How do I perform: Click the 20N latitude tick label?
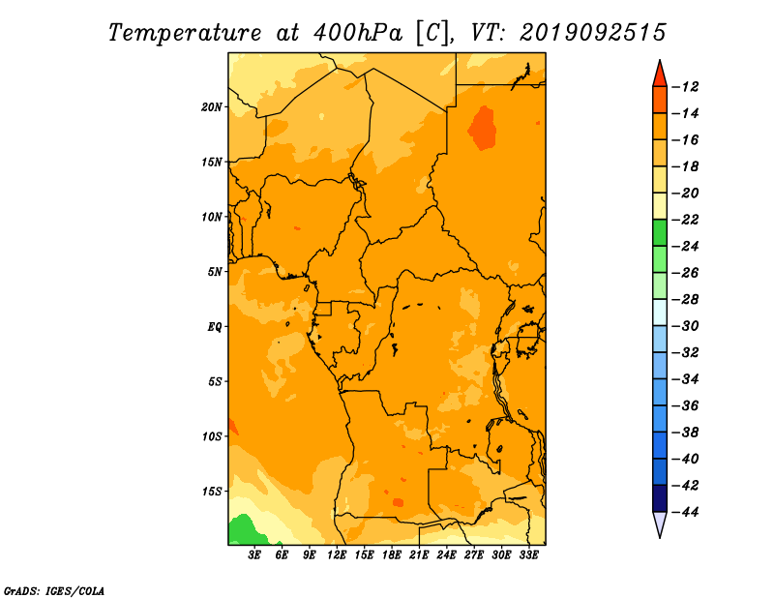pyautogui.click(x=211, y=107)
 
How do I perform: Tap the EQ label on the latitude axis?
pyautogui.click(x=214, y=327)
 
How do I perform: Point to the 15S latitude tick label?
pyautogui.click(x=211, y=492)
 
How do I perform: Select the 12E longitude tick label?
pyautogui.click(x=337, y=555)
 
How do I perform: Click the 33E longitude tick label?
pyautogui.click(x=528, y=555)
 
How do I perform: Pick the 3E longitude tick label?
pyautogui.click(x=254, y=555)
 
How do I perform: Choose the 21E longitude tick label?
pyautogui.click(x=419, y=555)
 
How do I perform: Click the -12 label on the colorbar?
pyautogui.click(x=685, y=87)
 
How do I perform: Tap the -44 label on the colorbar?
pyautogui.click(x=685, y=512)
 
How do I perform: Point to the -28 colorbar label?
pyautogui.click(x=685, y=300)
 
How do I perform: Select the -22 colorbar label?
pyautogui.click(x=685, y=220)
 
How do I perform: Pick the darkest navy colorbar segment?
pyautogui.click(x=660, y=498)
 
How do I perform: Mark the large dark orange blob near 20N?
pyautogui.click(x=482, y=128)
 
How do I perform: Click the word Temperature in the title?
pyautogui.click(x=185, y=34)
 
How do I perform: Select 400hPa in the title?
pyautogui.click(x=357, y=34)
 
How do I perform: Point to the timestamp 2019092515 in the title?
pyautogui.click(x=593, y=33)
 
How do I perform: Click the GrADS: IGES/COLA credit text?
pyautogui.click(x=54, y=590)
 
